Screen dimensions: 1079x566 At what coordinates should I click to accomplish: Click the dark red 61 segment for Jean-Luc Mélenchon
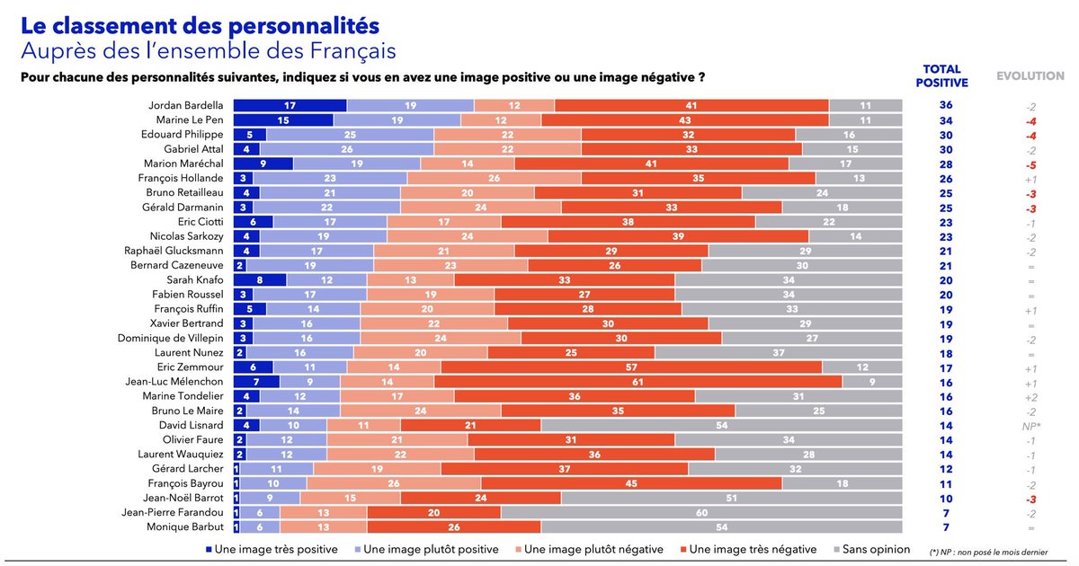pyautogui.click(x=638, y=382)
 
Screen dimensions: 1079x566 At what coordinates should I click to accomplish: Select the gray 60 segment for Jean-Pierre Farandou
pyautogui.click(x=701, y=513)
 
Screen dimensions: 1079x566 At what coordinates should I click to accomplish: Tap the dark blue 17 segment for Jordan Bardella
pyautogui.click(x=290, y=105)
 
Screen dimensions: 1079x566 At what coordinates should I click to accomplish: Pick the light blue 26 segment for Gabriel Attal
pyautogui.click(x=347, y=149)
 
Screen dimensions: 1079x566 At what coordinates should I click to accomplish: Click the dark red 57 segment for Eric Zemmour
pyautogui.click(x=631, y=367)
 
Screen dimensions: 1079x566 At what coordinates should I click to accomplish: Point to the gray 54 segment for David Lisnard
pyautogui.click(x=721, y=426)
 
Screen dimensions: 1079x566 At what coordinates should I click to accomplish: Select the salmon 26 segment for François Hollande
pyautogui.click(x=495, y=178)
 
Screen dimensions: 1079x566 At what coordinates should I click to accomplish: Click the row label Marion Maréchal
pyautogui.click(x=183, y=164)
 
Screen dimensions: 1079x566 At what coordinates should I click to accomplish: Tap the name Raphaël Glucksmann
pyautogui.click(x=174, y=251)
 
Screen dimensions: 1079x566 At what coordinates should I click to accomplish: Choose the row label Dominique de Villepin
pyautogui.click(x=171, y=339)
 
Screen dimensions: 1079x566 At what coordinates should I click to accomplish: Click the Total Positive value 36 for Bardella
pyautogui.click(x=946, y=105)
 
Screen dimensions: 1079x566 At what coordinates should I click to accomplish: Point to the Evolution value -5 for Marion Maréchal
pyautogui.click(x=1030, y=165)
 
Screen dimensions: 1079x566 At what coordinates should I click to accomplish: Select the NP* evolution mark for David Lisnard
pyautogui.click(x=1031, y=427)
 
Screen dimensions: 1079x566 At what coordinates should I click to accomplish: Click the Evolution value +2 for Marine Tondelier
pyautogui.click(x=1030, y=397)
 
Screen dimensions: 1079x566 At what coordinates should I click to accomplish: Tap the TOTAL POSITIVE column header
pyautogui.click(x=941, y=76)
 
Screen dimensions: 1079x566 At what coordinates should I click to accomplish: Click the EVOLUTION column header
pyautogui.click(x=1030, y=76)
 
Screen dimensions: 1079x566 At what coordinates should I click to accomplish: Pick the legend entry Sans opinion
pyautogui.click(x=871, y=549)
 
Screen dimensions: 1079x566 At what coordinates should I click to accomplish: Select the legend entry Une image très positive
pyautogui.click(x=272, y=549)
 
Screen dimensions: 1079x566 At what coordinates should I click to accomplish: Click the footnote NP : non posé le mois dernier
pyautogui.click(x=994, y=553)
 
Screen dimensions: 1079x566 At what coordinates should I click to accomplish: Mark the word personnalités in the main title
pyautogui.click(x=304, y=26)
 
